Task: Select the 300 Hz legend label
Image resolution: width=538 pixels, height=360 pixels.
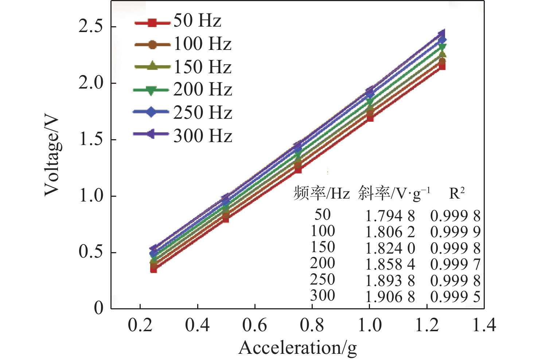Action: coord(203,136)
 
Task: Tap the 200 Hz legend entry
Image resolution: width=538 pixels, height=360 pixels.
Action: coord(203,90)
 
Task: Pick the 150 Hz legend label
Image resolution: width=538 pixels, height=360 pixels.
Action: coord(203,67)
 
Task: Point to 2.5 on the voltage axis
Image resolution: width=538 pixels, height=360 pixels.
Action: coord(90,27)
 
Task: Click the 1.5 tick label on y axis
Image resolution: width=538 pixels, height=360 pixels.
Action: coord(90,140)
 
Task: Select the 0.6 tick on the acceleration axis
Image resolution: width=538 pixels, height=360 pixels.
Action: coord(254,325)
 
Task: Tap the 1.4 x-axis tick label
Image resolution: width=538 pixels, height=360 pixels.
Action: coord(484,325)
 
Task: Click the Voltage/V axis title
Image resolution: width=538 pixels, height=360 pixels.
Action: coord(52,156)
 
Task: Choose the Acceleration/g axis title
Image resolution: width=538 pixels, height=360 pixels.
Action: coord(298,348)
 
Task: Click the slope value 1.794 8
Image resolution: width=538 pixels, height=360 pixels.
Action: coord(390,216)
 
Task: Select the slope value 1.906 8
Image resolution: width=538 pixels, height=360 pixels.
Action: coord(390,297)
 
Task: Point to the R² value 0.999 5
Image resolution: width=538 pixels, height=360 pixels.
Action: coord(455,297)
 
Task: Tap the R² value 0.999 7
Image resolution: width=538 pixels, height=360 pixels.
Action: coord(455,264)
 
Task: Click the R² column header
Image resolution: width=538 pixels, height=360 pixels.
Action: coord(457,193)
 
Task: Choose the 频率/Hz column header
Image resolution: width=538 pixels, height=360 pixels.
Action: coord(321,193)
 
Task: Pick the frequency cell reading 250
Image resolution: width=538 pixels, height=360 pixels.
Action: coord(323,279)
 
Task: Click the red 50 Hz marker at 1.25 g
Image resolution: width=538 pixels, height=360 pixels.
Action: coord(442,66)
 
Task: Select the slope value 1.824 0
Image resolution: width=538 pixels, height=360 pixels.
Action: coord(390,248)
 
